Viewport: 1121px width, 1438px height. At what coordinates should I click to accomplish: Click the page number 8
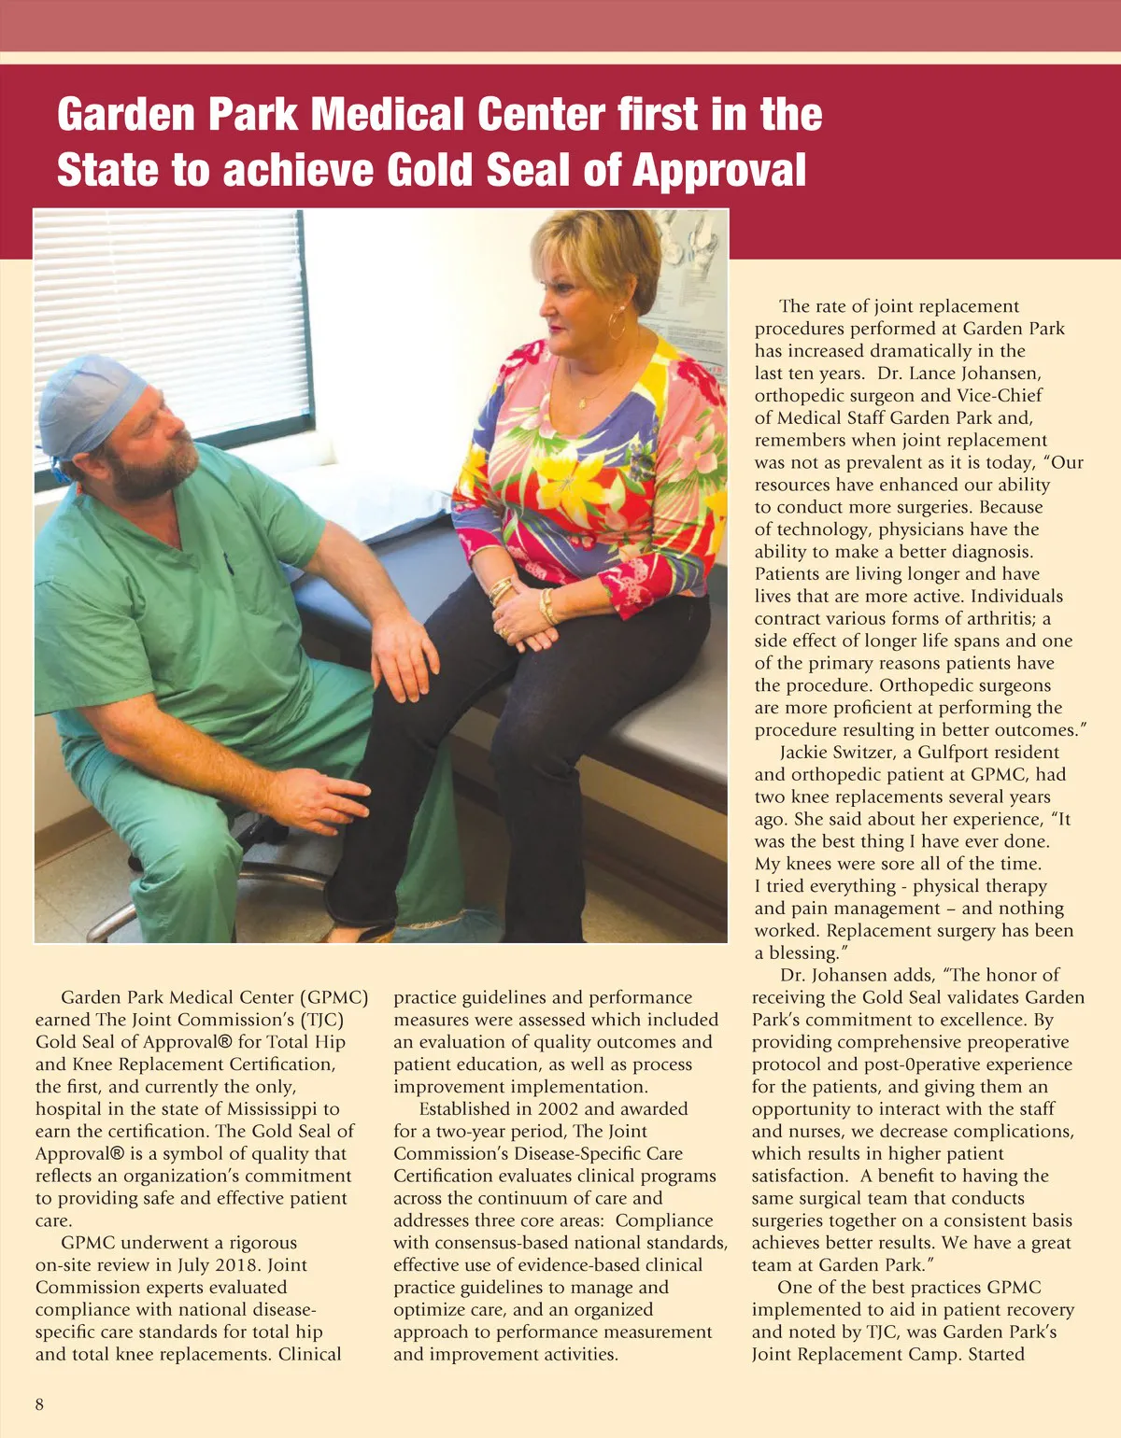(x=39, y=1404)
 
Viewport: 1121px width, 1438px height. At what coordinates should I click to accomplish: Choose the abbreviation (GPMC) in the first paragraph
(x=333, y=997)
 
